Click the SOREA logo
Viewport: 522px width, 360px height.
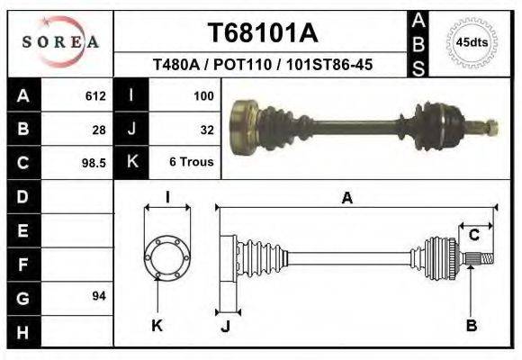[60, 42]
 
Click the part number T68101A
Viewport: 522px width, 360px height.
[263, 33]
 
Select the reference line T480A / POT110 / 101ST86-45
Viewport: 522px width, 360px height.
[263, 66]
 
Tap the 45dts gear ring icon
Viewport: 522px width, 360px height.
[472, 42]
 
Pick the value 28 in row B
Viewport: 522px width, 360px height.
[99, 130]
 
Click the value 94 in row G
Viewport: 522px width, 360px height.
[99, 296]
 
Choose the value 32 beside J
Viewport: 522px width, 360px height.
[206, 130]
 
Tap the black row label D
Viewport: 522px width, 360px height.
[22, 196]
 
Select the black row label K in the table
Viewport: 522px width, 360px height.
[132, 163]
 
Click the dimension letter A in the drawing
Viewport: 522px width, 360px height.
[346, 199]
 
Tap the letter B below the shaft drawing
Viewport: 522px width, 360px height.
[471, 325]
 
